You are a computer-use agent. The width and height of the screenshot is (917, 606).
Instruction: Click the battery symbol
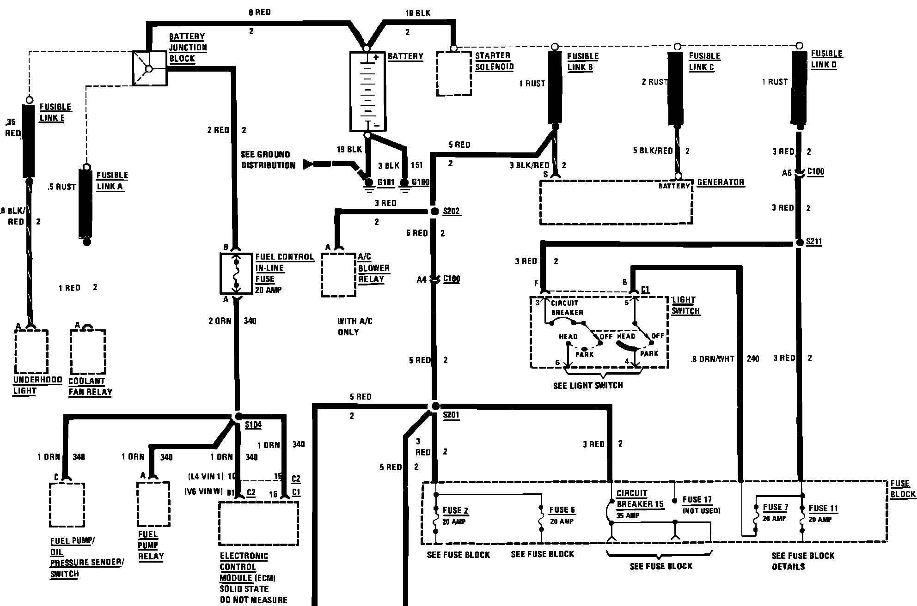point(367,91)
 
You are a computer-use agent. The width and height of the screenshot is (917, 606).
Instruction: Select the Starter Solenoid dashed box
point(454,73)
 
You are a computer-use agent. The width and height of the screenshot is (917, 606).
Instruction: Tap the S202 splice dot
point(434,212)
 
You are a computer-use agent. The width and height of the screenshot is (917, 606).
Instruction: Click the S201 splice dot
point(434,406)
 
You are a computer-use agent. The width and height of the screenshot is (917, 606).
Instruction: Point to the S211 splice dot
point(800,242)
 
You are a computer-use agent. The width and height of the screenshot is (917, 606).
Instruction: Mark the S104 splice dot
point(238,416)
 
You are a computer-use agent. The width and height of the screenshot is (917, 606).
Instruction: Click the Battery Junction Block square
point(149,68)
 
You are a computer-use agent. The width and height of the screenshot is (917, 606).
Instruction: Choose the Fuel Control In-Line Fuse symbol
point(236,273)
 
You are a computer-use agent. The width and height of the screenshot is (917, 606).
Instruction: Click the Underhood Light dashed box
point(31,351)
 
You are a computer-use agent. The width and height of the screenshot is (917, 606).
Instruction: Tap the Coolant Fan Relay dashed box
point(87,351)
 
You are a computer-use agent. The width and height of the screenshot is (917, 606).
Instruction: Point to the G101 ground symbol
point(368,183)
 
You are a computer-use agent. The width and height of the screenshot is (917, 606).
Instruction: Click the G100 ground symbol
point(405,183)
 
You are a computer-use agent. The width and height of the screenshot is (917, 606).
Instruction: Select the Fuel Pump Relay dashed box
point(153,504)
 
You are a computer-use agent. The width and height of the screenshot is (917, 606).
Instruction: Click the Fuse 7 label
point(775,507)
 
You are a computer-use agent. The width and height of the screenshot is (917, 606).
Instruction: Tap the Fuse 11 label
point(823,509)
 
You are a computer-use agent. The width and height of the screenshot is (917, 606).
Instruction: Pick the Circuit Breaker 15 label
point(640,499)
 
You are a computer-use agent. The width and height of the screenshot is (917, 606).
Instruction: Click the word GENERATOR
point(721,182)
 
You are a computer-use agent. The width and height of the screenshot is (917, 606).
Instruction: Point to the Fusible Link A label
point(112,181)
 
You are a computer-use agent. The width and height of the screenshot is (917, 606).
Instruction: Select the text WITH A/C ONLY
point(355,327)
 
